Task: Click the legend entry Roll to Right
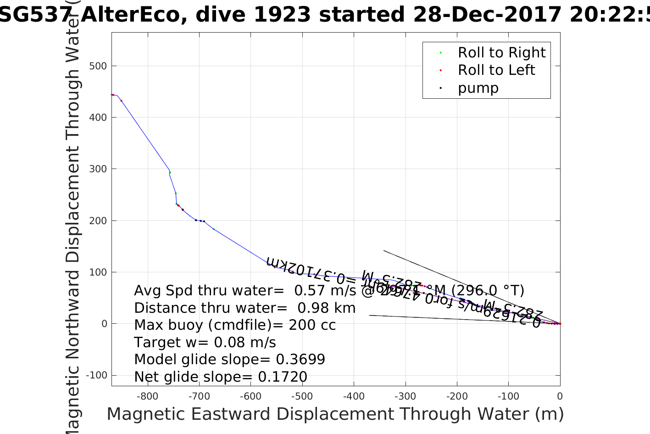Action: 501,53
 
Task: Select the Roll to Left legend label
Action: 496,70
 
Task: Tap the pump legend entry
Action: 478,88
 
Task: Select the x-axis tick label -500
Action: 301,396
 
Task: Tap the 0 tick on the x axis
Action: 560,396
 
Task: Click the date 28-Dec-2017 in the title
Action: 488,15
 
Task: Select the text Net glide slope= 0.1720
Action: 221,377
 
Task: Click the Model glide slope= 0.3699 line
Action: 229,360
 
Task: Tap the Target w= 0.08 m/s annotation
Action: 205,343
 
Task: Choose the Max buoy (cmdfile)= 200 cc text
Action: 235,325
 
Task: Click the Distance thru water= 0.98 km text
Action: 245,308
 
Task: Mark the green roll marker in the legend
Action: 440,53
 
